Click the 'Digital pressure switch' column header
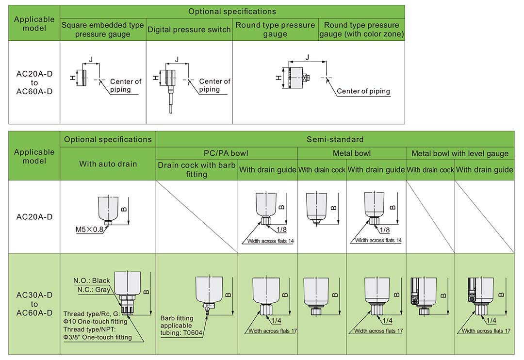[x=189, y=30]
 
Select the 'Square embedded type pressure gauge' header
[x=103, y=30]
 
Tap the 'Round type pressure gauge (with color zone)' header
[x=361, y=30]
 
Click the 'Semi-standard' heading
[x=335, y=139]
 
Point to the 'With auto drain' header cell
[x=108, y=164]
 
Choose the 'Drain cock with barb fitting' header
[x=196, y=169]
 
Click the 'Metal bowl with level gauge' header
[x=460, y=153]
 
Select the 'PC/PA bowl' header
[x=226, y=153]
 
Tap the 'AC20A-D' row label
[x=34, y=217]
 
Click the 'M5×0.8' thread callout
[x=89, y=229]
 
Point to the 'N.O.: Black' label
[x=92, y=280]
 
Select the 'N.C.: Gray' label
[x=94, y=290]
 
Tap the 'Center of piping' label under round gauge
[x=363, y=91]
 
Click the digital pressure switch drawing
[x=168, y=82]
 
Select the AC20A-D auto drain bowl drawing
[x=108, y=209]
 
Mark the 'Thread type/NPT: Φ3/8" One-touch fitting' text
[x=98, y=333]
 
